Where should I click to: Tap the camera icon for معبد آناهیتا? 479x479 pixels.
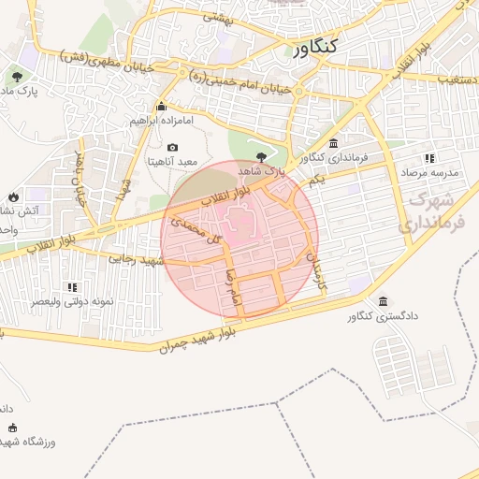[x=172, y=147]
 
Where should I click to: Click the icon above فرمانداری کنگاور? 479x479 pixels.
[x=334, y=142]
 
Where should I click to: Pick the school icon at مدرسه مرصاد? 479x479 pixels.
[x=429, y=158]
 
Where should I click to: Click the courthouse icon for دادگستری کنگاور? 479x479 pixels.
[x=385, y=300]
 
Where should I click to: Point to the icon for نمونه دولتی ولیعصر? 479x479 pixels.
[x=73, y=287]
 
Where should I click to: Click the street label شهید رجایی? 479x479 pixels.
[x=137, y=258]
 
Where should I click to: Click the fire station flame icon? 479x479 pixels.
[x=13, y=196]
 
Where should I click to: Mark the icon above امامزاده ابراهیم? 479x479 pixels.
[x=162, y=106]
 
